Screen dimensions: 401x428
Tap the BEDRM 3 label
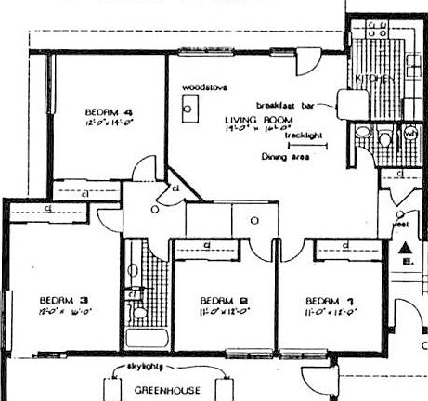click(64, 300)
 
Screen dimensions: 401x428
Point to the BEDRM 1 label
click(330, 300)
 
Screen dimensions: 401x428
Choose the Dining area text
click(287, 158)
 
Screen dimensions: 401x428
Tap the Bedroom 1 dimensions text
click(330, 313)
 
